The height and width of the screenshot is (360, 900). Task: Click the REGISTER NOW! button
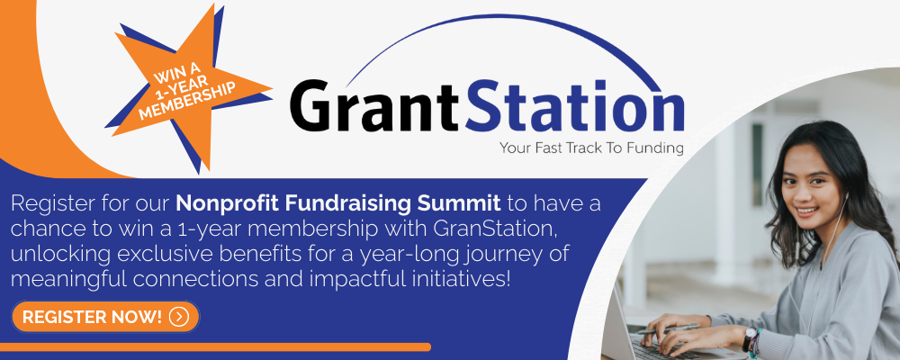click(x=105, y=317)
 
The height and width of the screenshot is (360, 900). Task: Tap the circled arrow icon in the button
click(x=179, y=317)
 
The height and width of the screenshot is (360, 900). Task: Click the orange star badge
click(x=189, y=86)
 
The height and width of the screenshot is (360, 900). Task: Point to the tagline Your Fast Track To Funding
click(x=591, y=148)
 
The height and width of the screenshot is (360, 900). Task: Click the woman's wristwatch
click(x=750, y=338)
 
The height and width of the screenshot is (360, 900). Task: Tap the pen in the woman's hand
click(x=668, y=328)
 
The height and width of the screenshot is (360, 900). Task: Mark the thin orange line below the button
click(x=215, y=346)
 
